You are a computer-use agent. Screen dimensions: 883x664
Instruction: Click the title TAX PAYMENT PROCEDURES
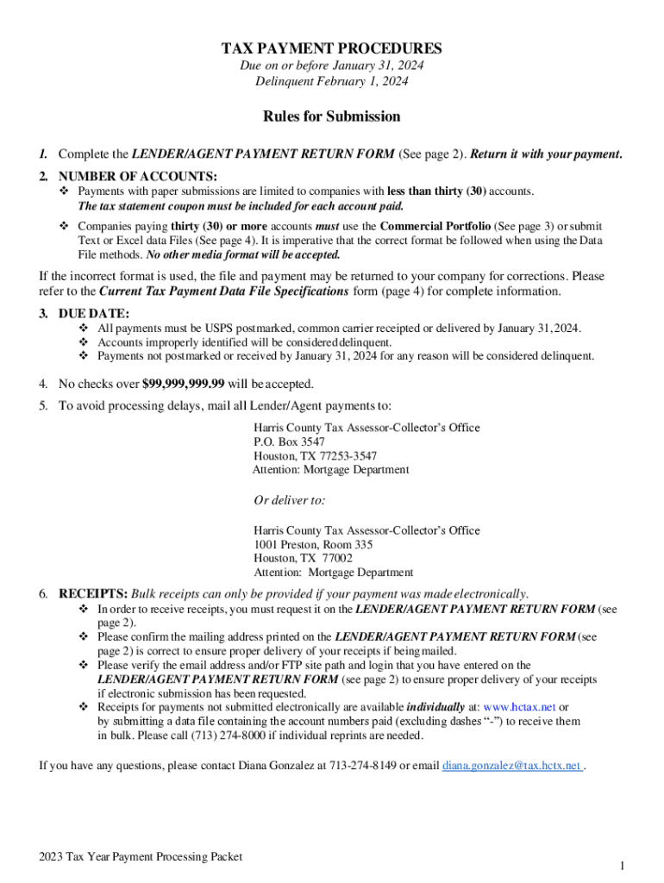click(x=332, y=49)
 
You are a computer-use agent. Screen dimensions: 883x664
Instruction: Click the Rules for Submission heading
click(x=332, y=116)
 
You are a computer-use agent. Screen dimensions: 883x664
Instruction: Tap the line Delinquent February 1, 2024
click(x=332, y=82)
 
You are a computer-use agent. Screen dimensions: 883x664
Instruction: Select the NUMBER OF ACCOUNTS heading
click(x=137, y=176)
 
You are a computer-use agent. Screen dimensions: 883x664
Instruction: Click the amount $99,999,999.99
click(x=183, y=384)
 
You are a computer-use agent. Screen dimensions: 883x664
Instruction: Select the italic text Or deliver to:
click(x=289, y=500)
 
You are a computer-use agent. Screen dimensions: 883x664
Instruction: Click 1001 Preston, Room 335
click(x=313, y=545)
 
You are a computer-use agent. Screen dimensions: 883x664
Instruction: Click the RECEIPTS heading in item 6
click(x=93, y=594)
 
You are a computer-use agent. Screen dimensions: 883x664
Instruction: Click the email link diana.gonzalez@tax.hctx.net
click(x=512, y=765)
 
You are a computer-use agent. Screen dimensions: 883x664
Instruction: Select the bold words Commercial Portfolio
click(x=435, y=227)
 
